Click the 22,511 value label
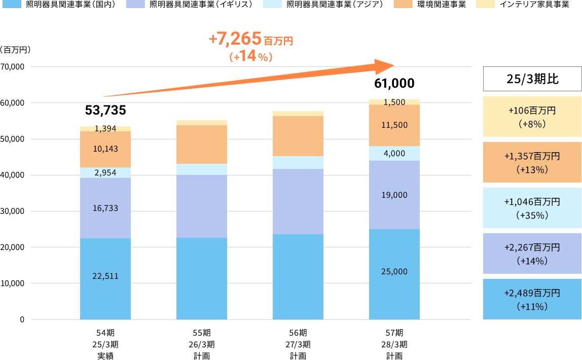[x=105, y=276]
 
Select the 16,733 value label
[x=105, y=208]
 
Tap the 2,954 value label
[x=105, y=173]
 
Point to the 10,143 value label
[x=105, y=149]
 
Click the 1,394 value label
[x=105, y=129]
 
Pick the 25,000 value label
[x=394, y=272]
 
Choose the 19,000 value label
[x=394, y=195]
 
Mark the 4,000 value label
[x=394, y=153]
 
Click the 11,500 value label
[x=394, y=125]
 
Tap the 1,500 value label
[x=394, y=102]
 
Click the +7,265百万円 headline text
[x=250, y=39]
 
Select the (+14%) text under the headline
[x=250, y=57]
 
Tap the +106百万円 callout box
[x=532, y=117]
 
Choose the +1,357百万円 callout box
[x=532, y=162]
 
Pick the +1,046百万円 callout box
[x=532, y=208]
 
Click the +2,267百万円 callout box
[x=532, y=254]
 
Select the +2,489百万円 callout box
[x=532, y=299]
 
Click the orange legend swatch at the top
[x=403, y=4]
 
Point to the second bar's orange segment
[x=202, y=145]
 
